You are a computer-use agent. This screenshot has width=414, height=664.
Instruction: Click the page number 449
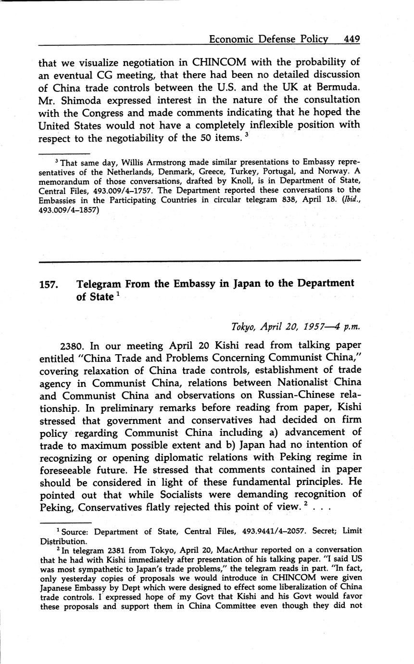(351, 39)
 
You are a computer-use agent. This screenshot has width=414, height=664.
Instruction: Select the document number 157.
(49, 284)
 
